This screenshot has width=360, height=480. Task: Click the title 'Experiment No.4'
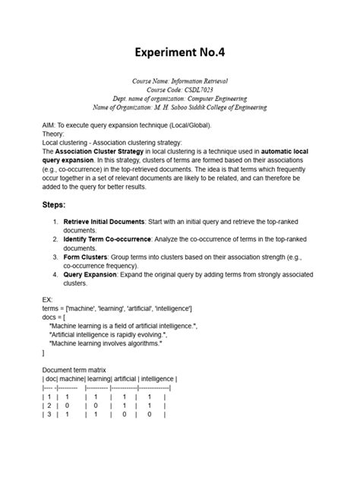180,52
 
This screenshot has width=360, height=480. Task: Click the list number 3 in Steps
55,257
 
